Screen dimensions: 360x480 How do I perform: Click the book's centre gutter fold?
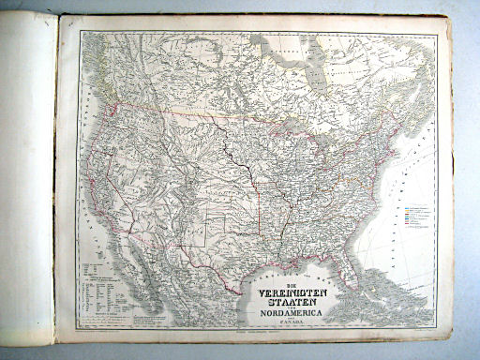tap(56, 178)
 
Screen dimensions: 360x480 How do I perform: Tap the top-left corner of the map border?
tap(80, 31)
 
